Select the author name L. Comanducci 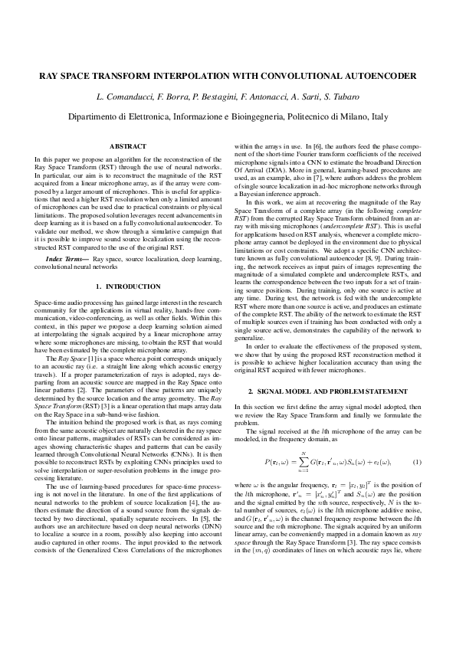point(127,99)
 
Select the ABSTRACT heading point(128,146)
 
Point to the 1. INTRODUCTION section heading point(128,286)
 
